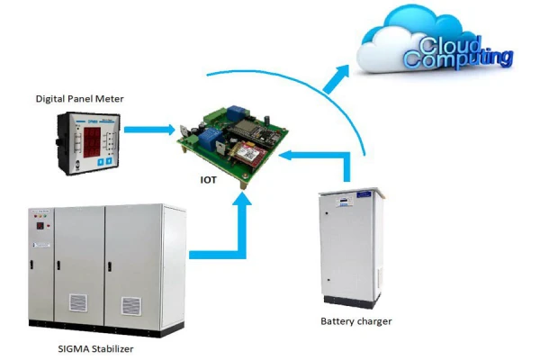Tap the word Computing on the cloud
point(458,59)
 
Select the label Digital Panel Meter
point(78,97)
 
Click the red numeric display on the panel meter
point(89,140)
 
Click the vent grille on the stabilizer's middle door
point(78,303)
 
